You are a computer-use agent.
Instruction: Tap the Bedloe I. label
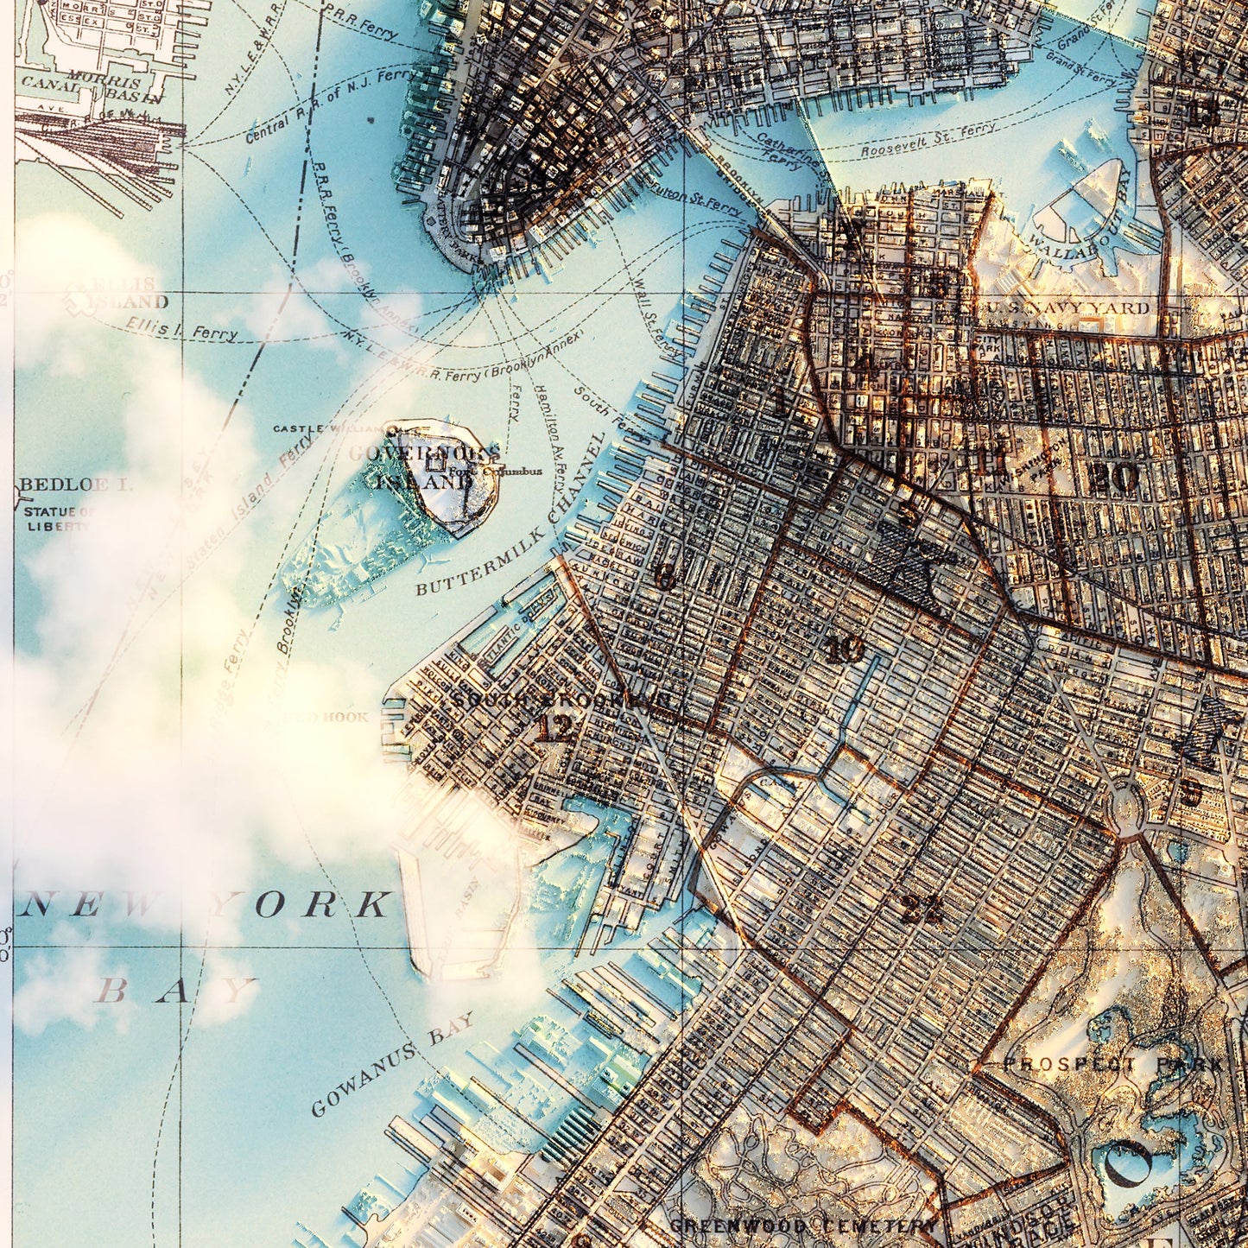click(75, 485)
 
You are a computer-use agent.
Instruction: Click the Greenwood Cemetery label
click(802, 1226)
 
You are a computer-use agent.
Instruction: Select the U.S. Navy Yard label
click(1062, 308)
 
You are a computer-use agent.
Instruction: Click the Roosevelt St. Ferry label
click(928, 140)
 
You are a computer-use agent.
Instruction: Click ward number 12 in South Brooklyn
click(554, 730)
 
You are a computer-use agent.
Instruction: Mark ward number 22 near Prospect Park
click(922, 908)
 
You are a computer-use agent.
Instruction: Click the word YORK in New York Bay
click(301, 904)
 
